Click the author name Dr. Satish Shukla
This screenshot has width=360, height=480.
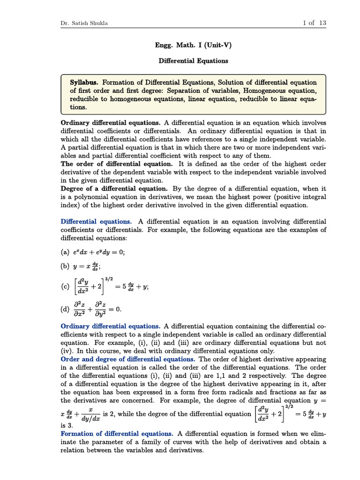84,23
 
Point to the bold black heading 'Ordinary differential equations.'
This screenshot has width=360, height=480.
111,122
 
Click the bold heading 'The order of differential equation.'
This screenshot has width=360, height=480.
117,164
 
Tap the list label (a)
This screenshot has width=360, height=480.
65,252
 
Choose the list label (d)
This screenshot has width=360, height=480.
65,309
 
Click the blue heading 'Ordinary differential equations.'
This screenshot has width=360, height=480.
111,326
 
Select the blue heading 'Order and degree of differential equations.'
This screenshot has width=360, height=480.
128,359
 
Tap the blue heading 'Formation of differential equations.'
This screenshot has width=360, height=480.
117,434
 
